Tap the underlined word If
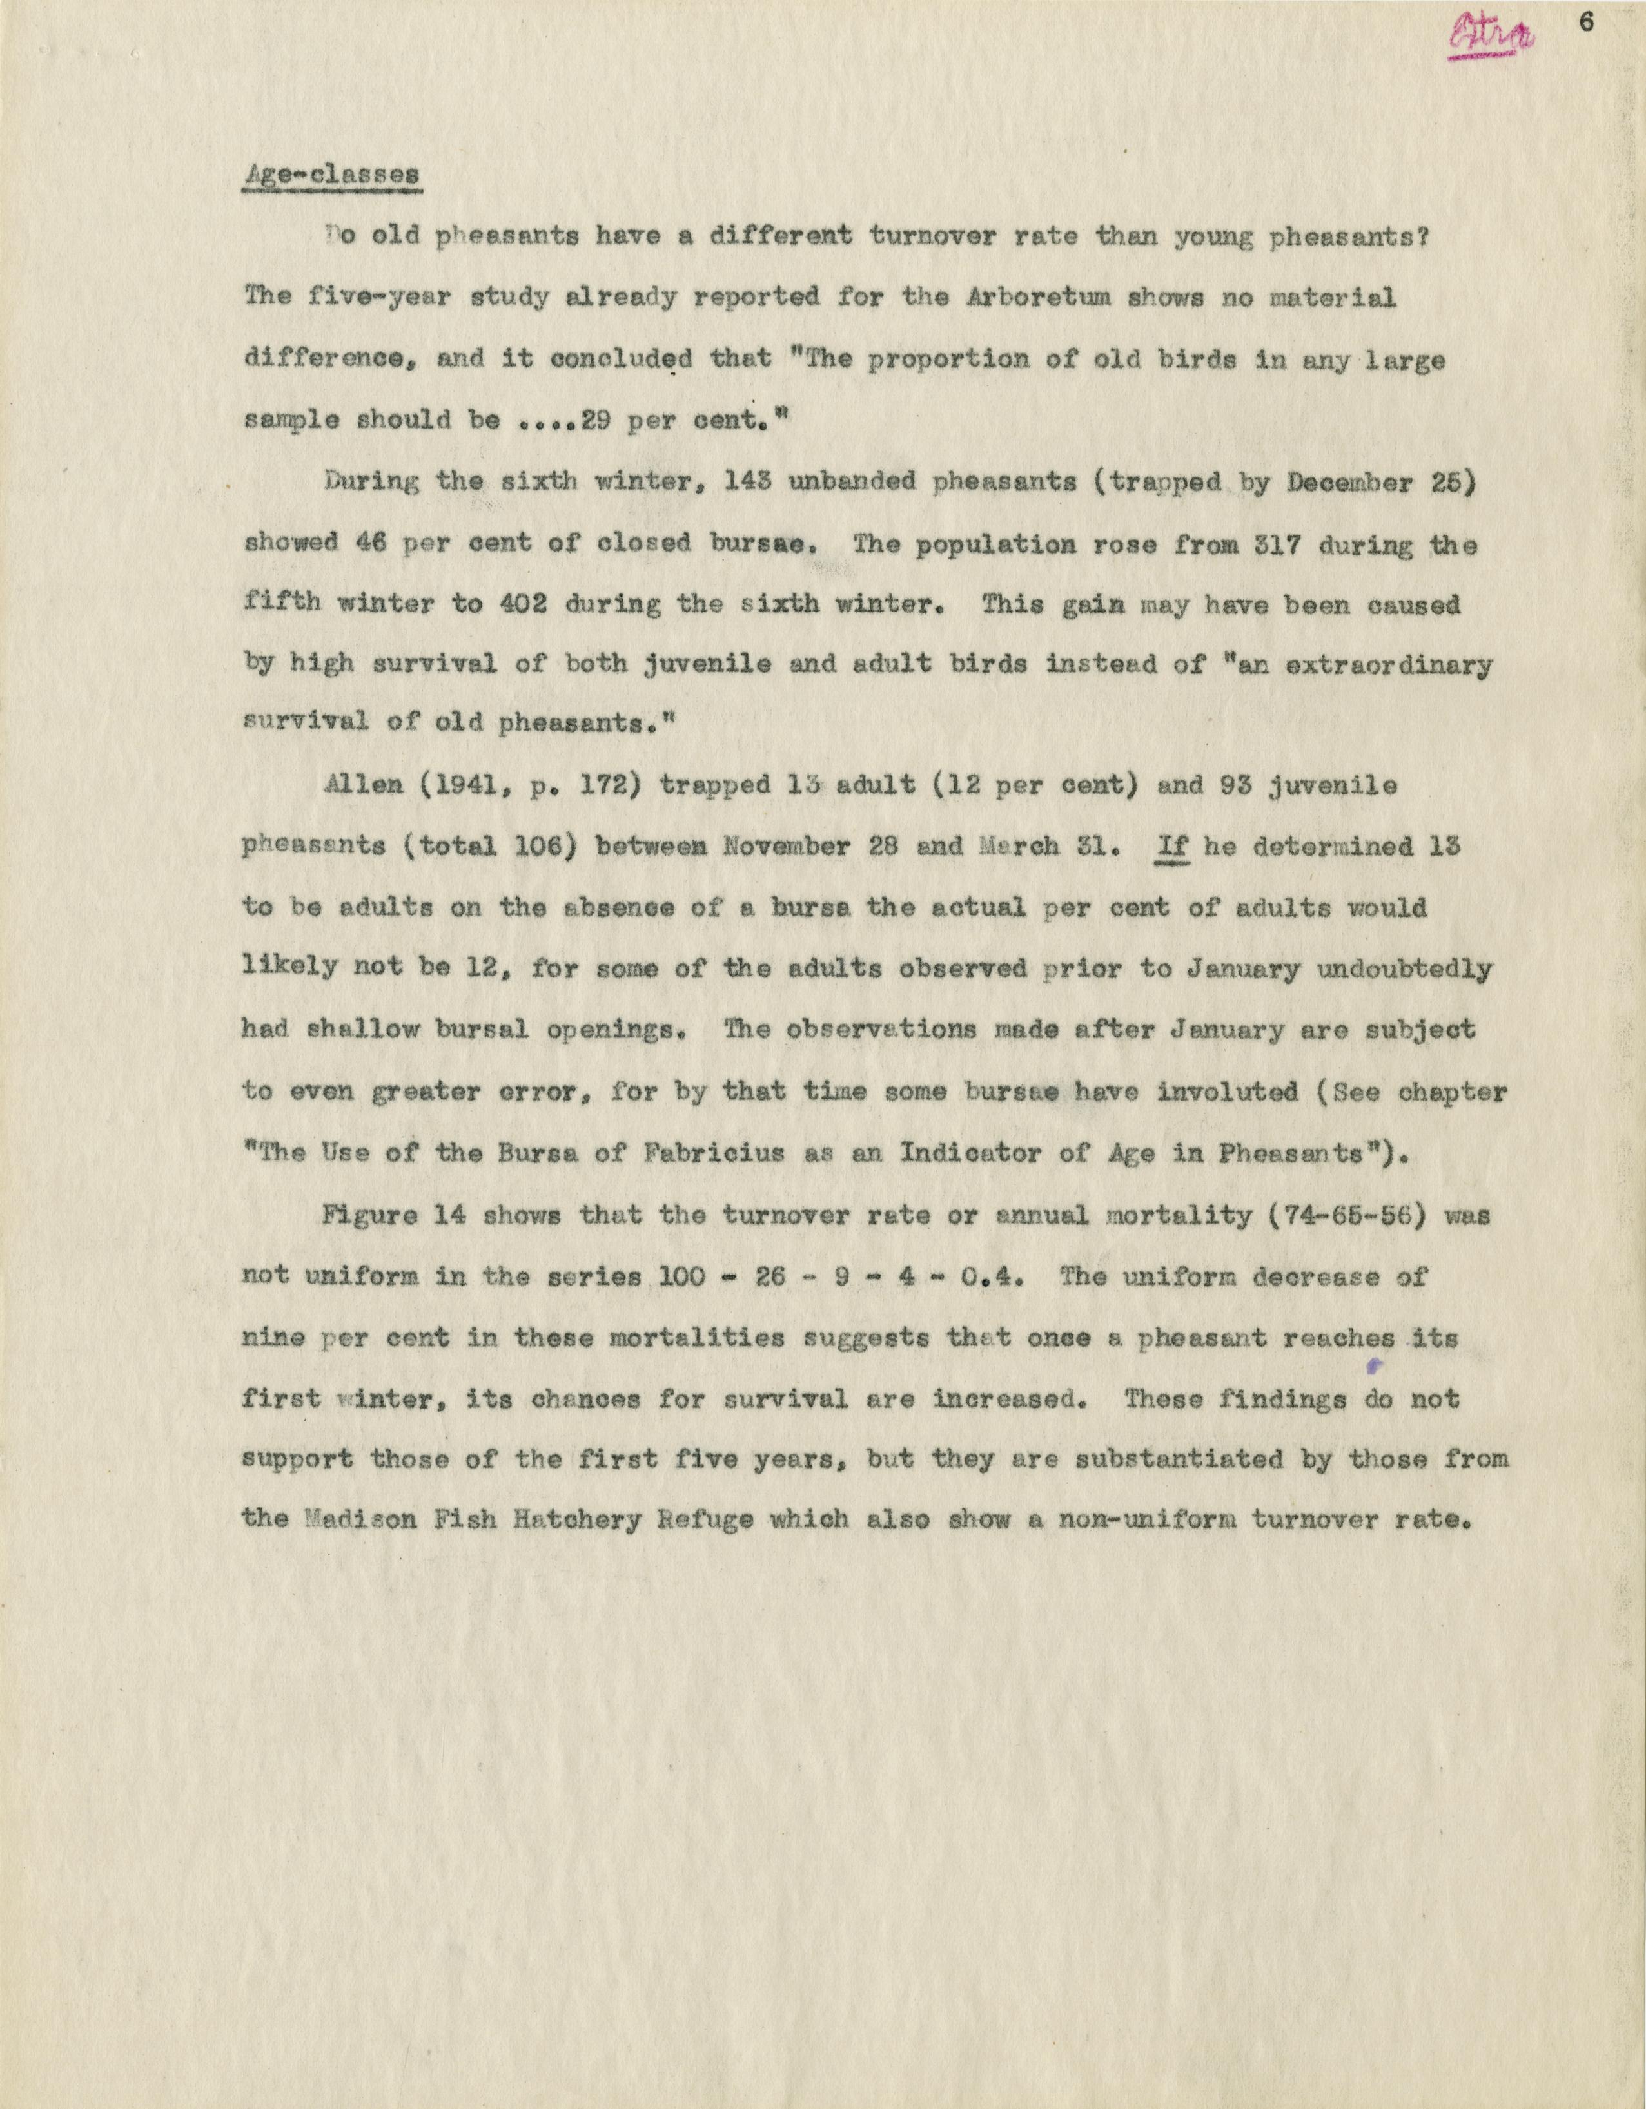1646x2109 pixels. point(1171,847)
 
